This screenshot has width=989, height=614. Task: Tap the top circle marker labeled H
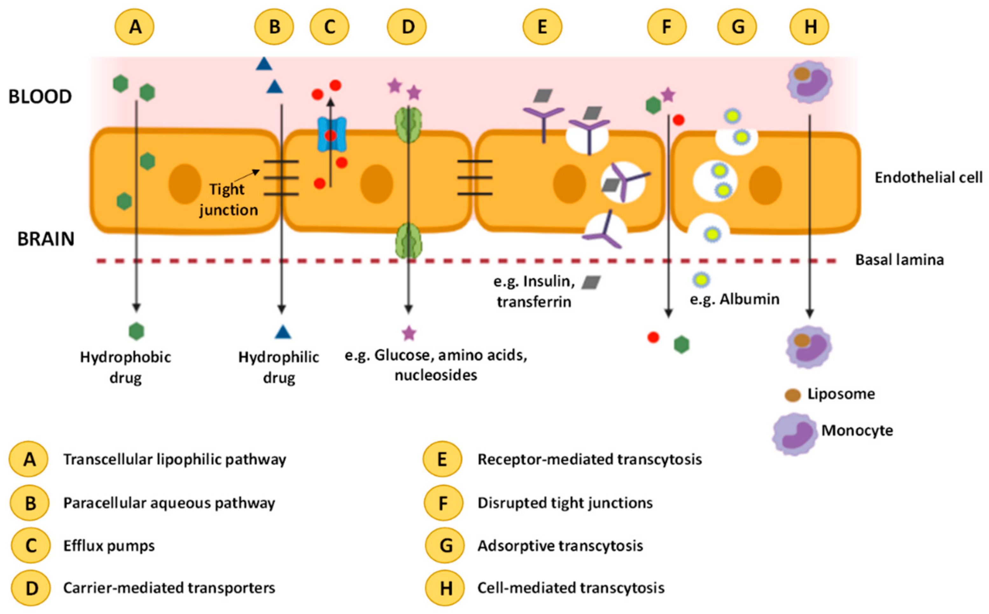click(x=809, y=27)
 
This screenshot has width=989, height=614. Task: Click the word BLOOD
click(x=40, y=97)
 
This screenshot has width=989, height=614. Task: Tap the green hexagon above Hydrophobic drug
click(x=136, y=331)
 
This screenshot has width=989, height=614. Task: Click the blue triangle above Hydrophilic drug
click(x=283, y=332)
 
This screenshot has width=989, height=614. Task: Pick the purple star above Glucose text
click(x=409, y=333)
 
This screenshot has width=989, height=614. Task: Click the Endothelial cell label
click(x=929, y=177)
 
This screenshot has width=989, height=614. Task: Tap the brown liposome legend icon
click(x=792, y=395)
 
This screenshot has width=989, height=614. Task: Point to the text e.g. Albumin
click(x=734, y=299)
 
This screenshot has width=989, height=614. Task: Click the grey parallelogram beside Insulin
click(x=591, y=282)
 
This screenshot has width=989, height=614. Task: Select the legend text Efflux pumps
click(x=109, y=545)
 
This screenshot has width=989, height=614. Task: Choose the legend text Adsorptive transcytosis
click(x=560, y=545)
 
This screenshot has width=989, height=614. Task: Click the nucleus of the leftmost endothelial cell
click(x=185, y=184)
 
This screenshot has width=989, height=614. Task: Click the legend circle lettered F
click(x=443, y=503)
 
